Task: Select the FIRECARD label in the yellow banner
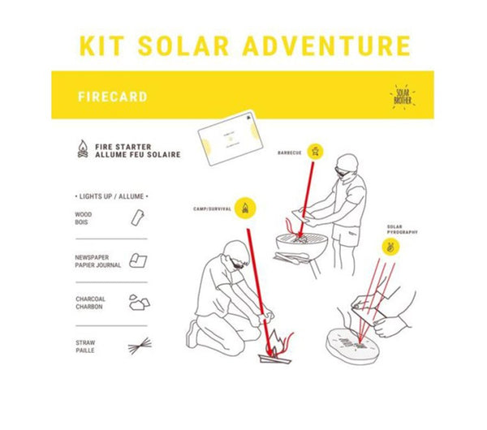(113, 97)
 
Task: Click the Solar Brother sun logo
(404, 97)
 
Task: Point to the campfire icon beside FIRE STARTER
(83, 150)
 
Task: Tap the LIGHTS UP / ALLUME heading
(113, 196)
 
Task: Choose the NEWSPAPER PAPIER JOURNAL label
(97, 260)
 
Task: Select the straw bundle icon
(139, 346)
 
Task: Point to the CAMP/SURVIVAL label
(213, 208)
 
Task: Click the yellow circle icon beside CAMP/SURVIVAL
(247, 208)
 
